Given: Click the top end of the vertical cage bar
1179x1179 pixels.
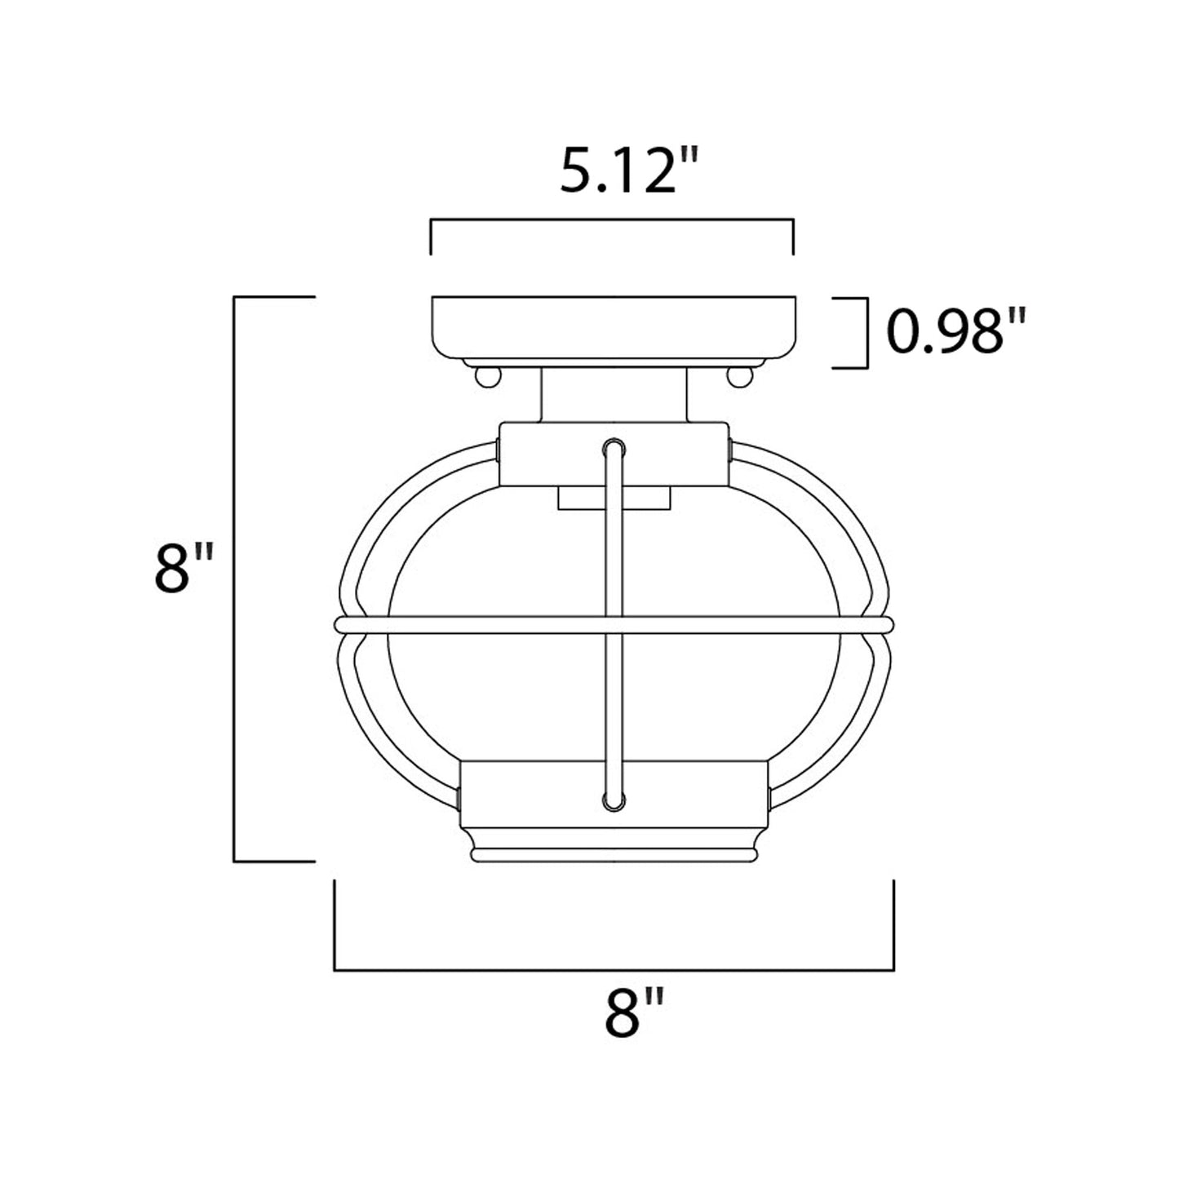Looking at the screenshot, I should coord(614,448).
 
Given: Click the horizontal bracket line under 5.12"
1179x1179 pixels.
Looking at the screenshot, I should coord(612,220).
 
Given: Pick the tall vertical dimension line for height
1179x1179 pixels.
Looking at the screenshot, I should coord(235,579).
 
